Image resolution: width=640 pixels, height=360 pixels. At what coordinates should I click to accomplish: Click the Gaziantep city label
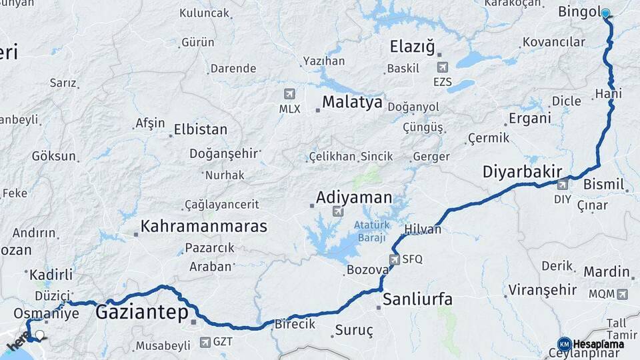pyautogui.click(x=142, y=311)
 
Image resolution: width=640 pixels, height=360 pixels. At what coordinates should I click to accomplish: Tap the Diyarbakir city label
pyautogui.click(x=522, y=172)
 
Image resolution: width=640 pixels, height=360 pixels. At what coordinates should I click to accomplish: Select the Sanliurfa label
pyautogui.click(x=417, y=299)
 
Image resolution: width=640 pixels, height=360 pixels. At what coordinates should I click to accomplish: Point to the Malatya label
pyautogui.click(x=353, y=102)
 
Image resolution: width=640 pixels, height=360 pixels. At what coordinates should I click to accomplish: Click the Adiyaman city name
pyautogui.click(x=354, y=198)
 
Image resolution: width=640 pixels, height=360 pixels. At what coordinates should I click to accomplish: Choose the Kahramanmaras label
pyautogui.click(x=204, y=226)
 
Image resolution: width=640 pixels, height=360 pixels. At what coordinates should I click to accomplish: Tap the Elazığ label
pyautogui.click(x=412, y=47)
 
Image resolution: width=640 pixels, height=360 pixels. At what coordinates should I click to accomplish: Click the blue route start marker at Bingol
pyautogui.click(x=605, y=13)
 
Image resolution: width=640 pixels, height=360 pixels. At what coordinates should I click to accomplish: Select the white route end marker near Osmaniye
pyautogui.click(x=40, y=335)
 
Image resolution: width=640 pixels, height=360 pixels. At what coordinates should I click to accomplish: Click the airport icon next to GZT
pyautogui.click(x=205, y=343)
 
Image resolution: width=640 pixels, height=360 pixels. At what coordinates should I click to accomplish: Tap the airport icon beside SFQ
pyautogui.click(x=395, y=259)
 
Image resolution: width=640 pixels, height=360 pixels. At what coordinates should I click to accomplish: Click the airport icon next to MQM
pyautogui.click(x=622, y=293)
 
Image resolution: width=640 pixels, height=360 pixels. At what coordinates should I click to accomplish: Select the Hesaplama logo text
pyautogui.click(x=598, y=344)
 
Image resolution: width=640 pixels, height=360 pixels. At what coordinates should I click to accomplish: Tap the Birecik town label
pyautogui.click(x=294, y=324)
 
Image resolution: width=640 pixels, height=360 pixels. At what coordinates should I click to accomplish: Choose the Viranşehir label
pyautogui.click(x=542, y=290)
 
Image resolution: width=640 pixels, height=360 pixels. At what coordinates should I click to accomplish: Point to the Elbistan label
pyautogui.click(x=201, y=129)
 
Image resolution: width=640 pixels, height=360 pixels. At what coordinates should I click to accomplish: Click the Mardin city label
pyautogui.click(x=607, y=272)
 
